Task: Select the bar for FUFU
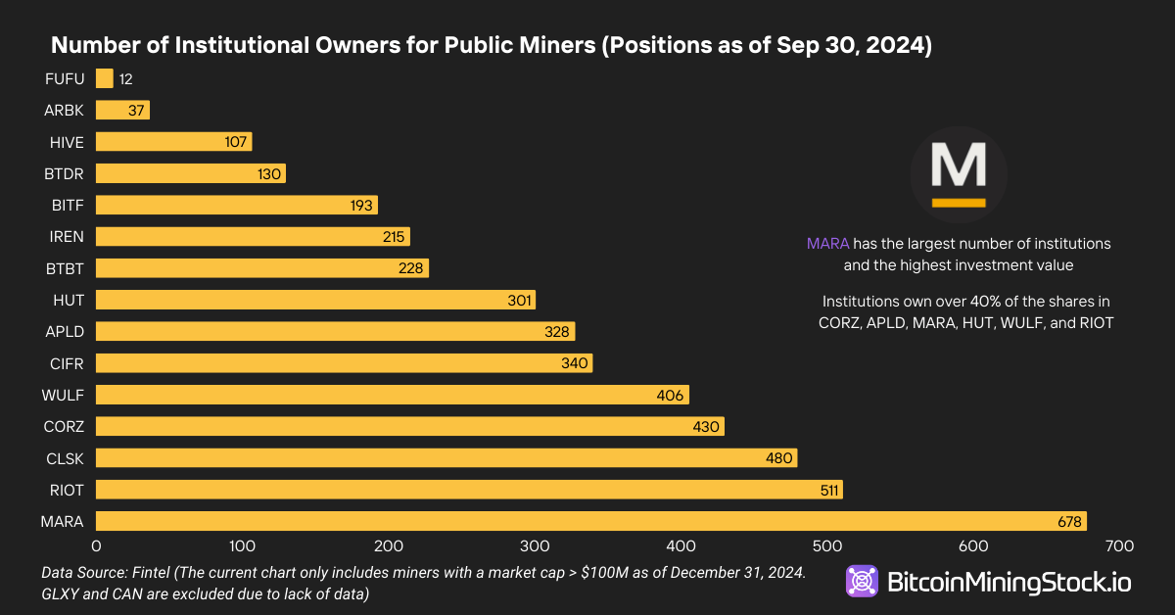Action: coord(105,79)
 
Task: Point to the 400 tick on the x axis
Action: coord(681,545)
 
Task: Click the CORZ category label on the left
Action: coord(64,426)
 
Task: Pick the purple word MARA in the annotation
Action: coord(827,243)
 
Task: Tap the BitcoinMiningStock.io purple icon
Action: coord(863,582)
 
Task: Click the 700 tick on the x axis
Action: coord(1119,545)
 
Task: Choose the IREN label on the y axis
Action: coord(66,236)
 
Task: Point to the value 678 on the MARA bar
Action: coord(1069,522)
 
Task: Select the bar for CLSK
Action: coord(446,458)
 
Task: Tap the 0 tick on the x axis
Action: coord(96,545)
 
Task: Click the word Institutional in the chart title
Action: coord(216,46)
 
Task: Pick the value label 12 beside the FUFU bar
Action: coord(125,79)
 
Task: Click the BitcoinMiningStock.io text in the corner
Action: coord(1009,583)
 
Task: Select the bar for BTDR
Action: coord(190,173)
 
